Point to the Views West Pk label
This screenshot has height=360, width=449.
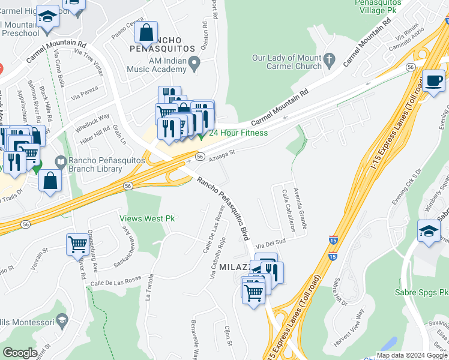[x=146, y=219]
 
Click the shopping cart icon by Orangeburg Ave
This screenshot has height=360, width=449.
[x=77, y=244]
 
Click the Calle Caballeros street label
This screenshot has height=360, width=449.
[x=288, y=211]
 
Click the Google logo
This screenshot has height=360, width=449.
[x=20, y=353]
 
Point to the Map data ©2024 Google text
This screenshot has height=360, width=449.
[x=412, y=355]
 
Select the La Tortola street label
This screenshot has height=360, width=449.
[x=150, y=287]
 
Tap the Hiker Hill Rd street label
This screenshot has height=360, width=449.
[x=95, y=134]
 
